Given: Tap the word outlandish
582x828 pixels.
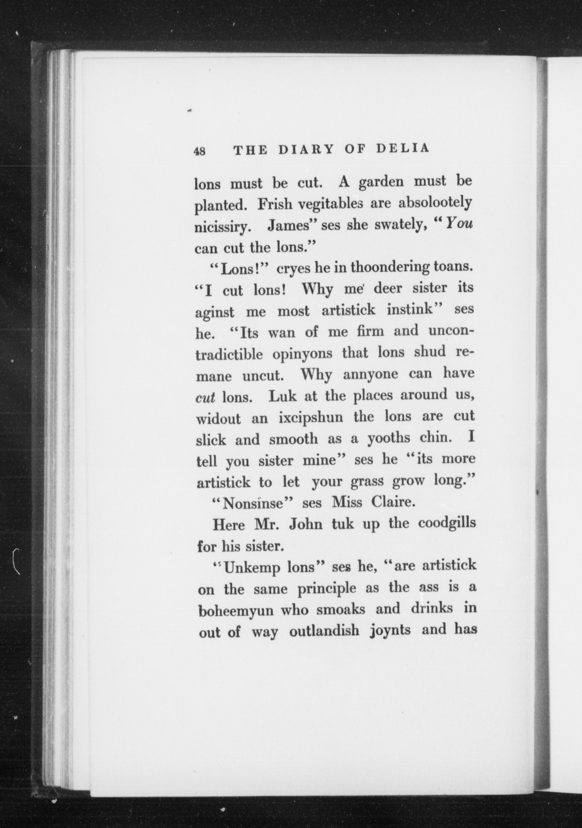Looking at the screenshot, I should click(x=324, y=631).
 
